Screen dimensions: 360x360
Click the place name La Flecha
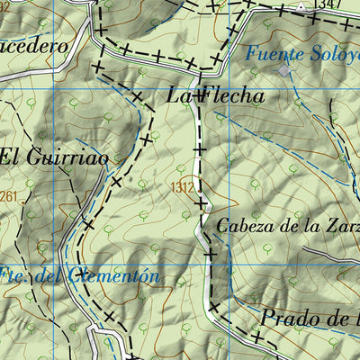coord(216,94)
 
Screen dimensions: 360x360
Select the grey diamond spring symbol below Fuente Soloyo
coord(285,69)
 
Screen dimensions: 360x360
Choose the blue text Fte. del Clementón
coord(81,275)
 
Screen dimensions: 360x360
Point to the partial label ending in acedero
coord(38,41)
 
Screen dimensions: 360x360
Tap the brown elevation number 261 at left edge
coord(9,197)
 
